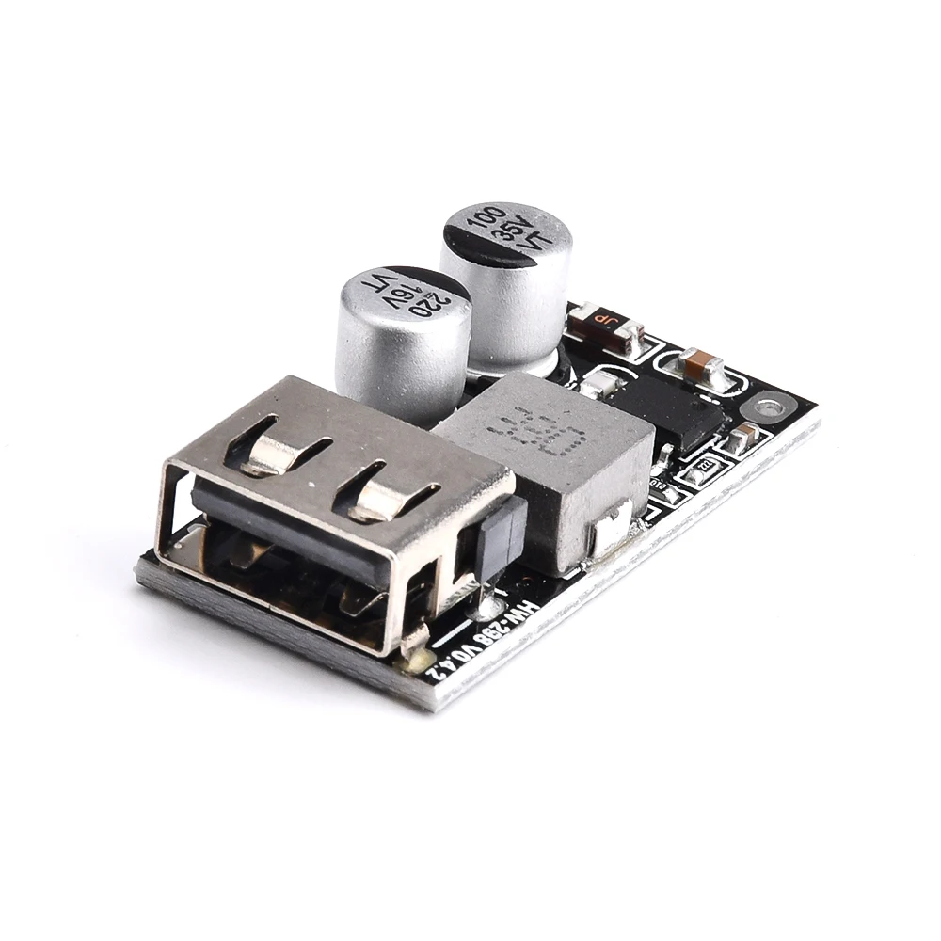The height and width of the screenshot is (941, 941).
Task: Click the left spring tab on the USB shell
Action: [x=273, y=447]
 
